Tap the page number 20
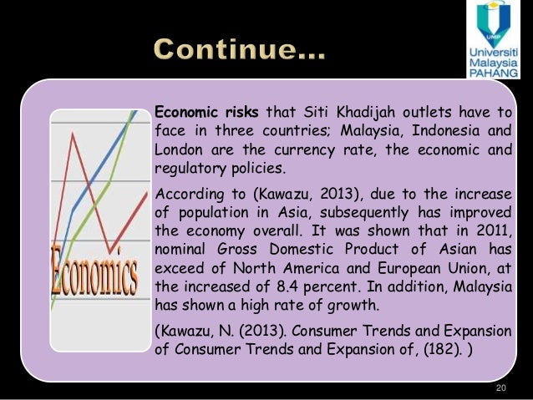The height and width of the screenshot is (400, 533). (x=501, y=388)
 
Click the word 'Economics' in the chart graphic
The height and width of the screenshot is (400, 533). (x=94, y=266)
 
